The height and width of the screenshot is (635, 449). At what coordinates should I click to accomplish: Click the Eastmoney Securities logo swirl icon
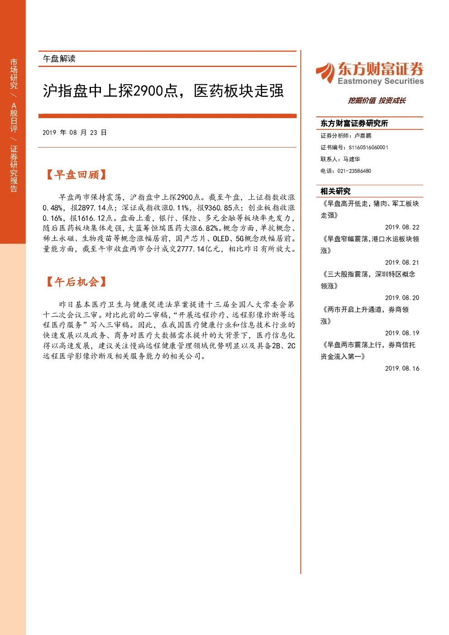point(325,72)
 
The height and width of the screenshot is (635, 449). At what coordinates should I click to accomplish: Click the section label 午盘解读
point(59,59)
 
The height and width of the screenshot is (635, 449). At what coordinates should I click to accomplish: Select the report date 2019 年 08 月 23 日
point(75,133)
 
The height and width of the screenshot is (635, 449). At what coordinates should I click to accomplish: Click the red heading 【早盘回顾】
point(76,175)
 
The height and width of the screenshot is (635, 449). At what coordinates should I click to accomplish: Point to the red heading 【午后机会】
point(76,282)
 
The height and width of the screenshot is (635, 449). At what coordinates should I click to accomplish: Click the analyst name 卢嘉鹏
point(363,135)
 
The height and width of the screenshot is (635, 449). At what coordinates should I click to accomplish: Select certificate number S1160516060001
point(368,148)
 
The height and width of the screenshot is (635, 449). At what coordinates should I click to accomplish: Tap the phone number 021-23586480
point(354,171)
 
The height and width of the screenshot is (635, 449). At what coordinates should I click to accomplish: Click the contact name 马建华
point(352,159)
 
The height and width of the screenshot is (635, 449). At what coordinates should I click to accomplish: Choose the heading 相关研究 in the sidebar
point(335,191)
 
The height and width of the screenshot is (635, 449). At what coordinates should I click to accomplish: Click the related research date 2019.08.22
point(402,227)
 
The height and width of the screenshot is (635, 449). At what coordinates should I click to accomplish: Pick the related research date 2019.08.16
point(402,368)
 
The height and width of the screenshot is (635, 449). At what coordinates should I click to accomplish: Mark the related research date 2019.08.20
point(402,298)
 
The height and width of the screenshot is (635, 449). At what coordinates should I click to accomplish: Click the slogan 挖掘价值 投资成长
point(377,100)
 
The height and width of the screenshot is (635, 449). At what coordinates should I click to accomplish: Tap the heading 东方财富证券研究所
point(354,123)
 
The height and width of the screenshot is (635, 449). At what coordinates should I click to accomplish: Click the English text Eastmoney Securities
point(381,81)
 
